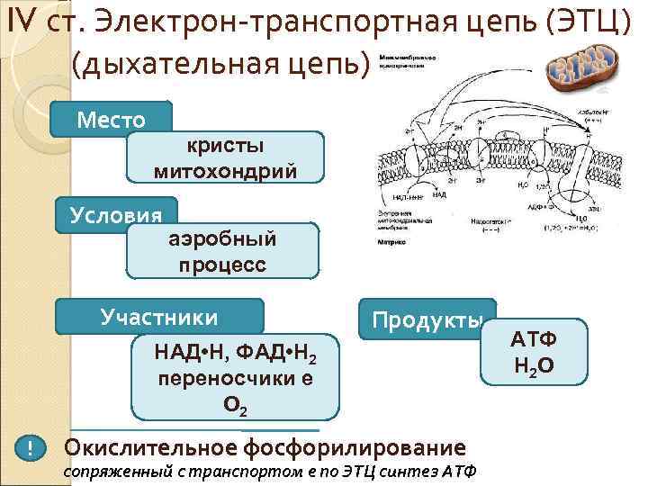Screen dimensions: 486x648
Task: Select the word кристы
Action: coord(225,147)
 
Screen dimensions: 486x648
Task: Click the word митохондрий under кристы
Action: coord(225,170)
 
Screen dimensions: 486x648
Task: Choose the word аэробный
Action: coord(222,239)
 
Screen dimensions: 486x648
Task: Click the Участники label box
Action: coord(159,317)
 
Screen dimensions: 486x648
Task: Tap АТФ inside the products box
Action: coord(534,339)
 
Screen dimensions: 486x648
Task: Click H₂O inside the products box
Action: coord(534,366)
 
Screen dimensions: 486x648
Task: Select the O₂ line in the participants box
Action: coord(236,405)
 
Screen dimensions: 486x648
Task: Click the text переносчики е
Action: coord(236,379)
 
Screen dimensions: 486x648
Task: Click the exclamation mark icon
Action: coord(31,448)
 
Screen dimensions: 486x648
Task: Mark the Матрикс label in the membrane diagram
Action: coord(391,242)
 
